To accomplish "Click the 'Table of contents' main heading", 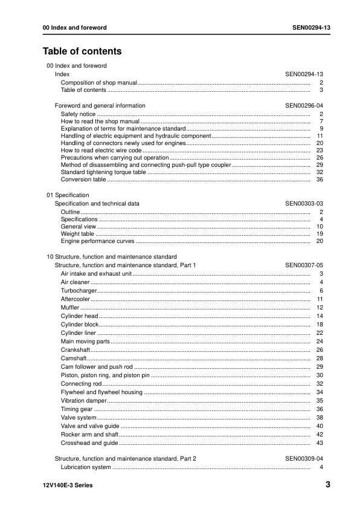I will (x=82, y=51).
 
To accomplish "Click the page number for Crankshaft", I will (x=320, y=350).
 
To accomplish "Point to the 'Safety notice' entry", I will (x=78, y=114).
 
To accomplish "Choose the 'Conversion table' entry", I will (x=83, y=180).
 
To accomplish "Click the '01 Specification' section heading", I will (x=68, y=195).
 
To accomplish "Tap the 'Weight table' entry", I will (x=77, y=234).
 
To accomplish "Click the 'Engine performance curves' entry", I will (x=97, y=241).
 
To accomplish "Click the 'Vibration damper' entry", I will (x=84, y=401).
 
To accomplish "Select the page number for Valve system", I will (x=320, y=418).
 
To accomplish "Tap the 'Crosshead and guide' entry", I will (x=89, y=443).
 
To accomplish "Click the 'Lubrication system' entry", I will (x=86, y=467).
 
